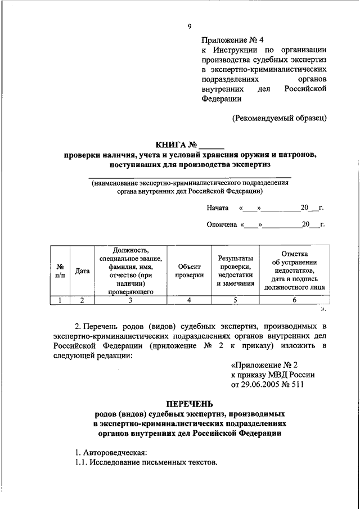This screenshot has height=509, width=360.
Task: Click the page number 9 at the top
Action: tap(190, 26)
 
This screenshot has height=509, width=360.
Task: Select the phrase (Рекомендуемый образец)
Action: tap(280, 118)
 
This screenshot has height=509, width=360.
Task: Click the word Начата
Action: tap(217, 208)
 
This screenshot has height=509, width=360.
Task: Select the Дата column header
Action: tap(83, 271)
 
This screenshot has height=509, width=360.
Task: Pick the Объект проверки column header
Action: tap(189, 271)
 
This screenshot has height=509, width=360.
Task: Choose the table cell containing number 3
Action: tap(130, 300)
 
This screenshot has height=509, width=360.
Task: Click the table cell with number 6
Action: tap(295, 300)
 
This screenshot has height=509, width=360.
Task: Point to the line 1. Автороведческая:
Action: tap(111, 452)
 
